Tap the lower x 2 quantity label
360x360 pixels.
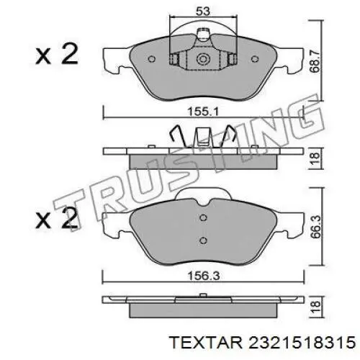coord(56,219)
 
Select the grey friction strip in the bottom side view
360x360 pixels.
coord(202,310)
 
